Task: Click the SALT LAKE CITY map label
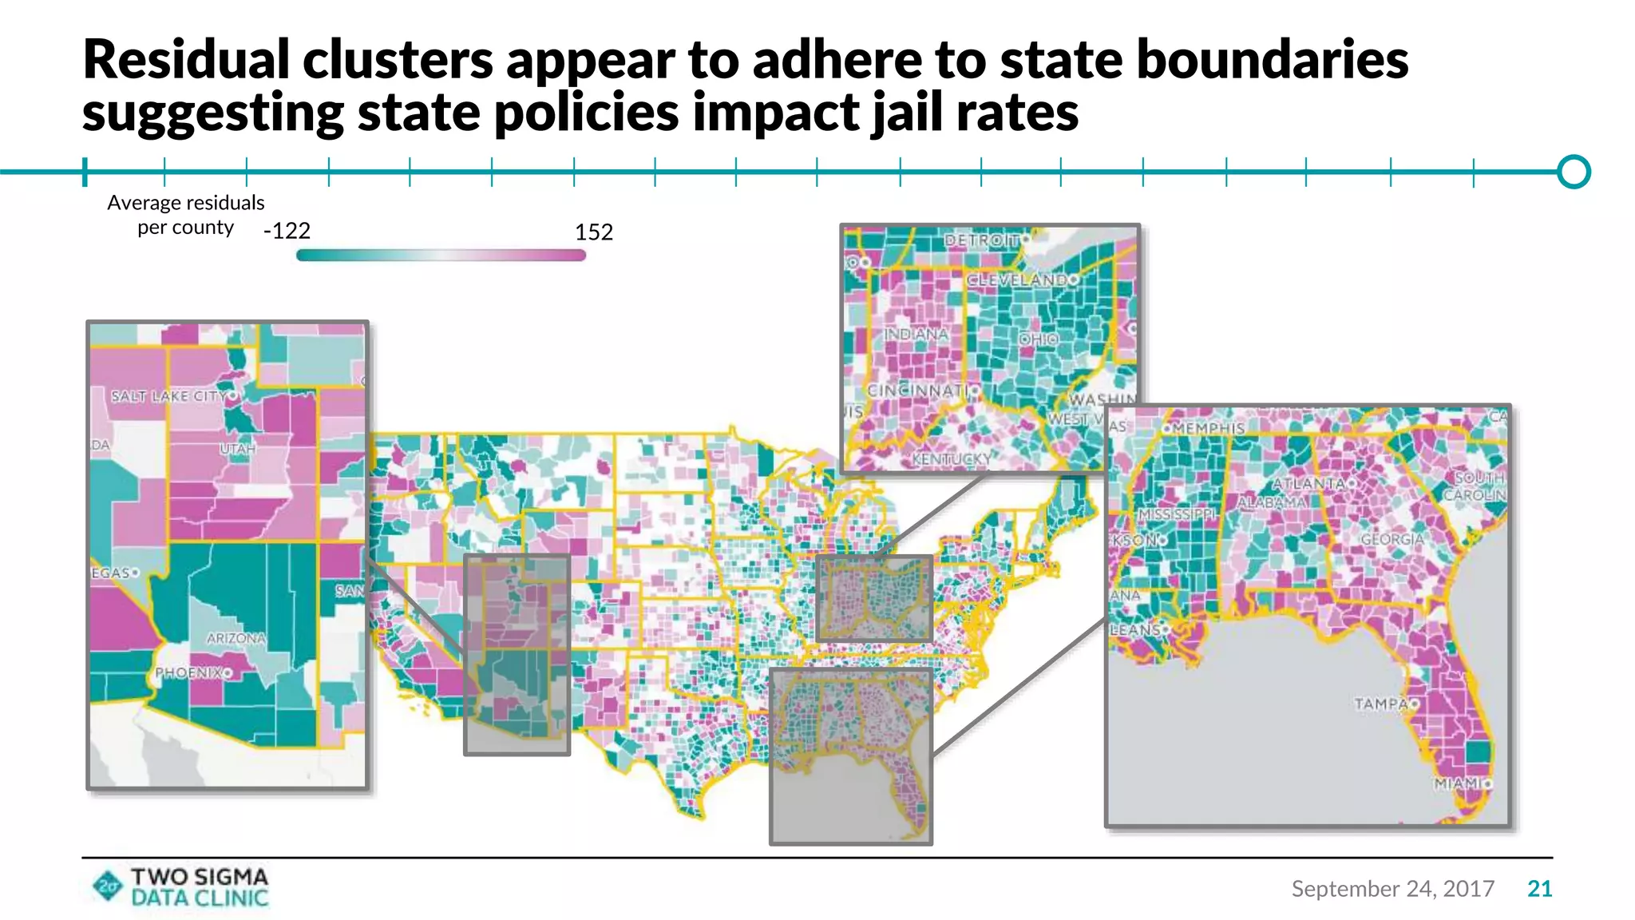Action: (168, 396)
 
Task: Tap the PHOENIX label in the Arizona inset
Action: (188, 672)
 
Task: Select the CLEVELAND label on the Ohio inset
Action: (1016, 280)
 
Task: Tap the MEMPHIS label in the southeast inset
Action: (1208, 429)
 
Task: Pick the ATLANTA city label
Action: (1308, 484)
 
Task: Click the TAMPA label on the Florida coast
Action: (1380, 704)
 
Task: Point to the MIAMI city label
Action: (1456, 783)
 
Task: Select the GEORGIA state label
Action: (1392, 540)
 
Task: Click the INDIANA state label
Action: (916, 334)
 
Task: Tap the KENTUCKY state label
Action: (951, 459)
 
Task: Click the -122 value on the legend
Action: (287, 232)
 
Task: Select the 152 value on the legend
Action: (594, 232)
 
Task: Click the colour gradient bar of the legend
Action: (441, 256)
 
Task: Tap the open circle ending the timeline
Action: (1574, 172)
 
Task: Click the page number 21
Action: (1539, 889)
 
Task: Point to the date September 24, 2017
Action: (1392, 889)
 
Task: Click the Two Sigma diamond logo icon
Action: (108, 886)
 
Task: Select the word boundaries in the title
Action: (1273, 60)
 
